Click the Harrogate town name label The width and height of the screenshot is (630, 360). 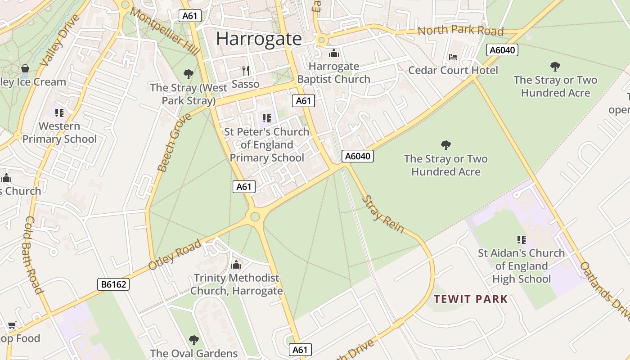click(x=259, y=39)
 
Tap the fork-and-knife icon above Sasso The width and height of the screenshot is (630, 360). click(x=246, y=71)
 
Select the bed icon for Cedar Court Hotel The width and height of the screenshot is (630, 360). click(x=453, y=57)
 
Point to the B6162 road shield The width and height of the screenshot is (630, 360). click(x=113, y=284)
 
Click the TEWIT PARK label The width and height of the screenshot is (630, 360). click(x=471, y=299)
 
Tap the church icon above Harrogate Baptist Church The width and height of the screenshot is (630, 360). click(x=334, y=54)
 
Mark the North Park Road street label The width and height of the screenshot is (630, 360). click(x=460, y=31)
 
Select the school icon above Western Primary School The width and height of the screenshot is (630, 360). click(x=59, y=112)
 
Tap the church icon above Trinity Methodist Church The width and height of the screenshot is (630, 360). click(x=236, y=265)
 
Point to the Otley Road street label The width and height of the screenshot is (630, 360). click(x=175, y=255)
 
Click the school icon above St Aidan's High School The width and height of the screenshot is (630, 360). click(x=522, y=240)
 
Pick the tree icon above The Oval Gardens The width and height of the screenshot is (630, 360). click(x=194, y=340)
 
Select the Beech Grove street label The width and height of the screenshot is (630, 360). click(x=175, y=143)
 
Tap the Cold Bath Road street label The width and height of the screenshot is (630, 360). click(x=34, y=255)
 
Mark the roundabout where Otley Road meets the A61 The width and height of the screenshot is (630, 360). click(x=255, y=217)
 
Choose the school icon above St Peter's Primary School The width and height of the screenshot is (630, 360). click(x=267, y=118)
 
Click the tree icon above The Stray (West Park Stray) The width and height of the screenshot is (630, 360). click(x=189, y=74)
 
